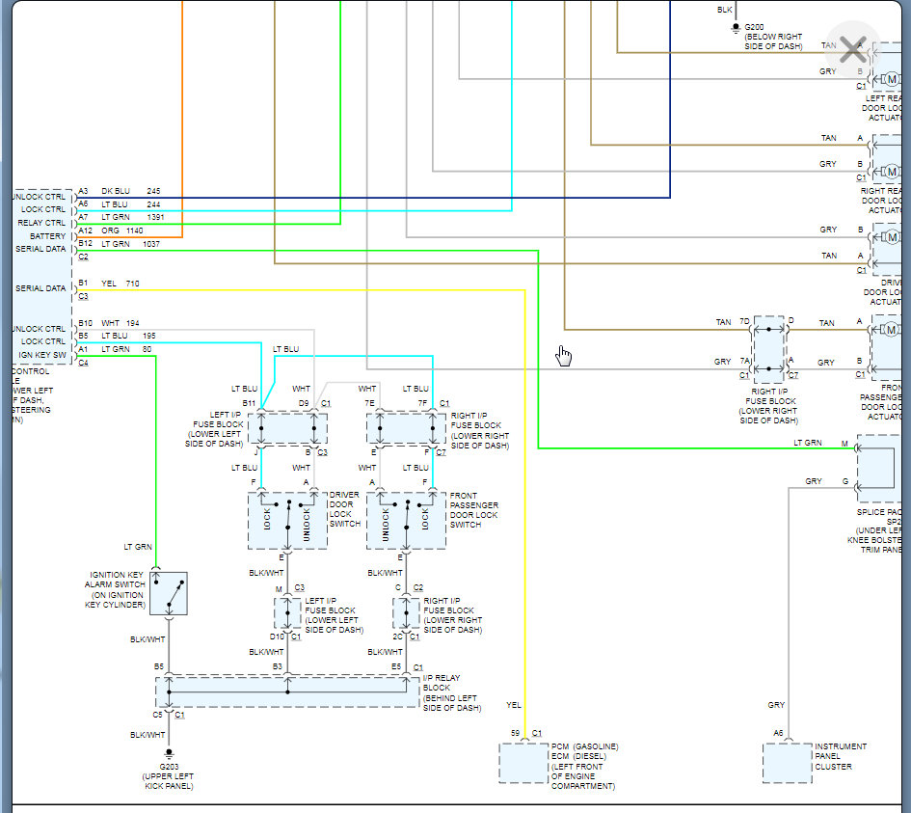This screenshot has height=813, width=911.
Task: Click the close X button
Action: (x=852, y=49)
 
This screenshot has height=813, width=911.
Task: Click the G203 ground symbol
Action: (x=169, y=753)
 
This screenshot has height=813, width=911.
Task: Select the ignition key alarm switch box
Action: (x=169, y=593)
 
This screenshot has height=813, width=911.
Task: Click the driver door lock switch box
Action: (x=287, y=521)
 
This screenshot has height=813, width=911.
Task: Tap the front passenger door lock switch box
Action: (x=406, y=521)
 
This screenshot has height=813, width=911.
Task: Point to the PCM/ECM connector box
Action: (x=523, y=763)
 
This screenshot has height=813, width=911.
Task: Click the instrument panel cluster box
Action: (x=787, y=763)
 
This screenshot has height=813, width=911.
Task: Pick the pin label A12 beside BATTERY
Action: (x=85, y=230)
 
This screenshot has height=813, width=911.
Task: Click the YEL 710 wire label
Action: (x=120, y=284)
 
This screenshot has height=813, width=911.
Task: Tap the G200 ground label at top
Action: (x=773, y=36)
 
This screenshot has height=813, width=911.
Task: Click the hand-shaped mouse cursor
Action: (x=563, y=356)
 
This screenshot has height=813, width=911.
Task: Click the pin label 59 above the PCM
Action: (x=516, y=734)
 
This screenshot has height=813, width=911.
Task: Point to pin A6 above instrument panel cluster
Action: (x=778, y=734)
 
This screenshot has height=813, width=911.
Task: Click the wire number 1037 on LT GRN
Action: (x=152, y=244)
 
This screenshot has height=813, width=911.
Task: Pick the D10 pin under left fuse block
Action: (x=277, y=637)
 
